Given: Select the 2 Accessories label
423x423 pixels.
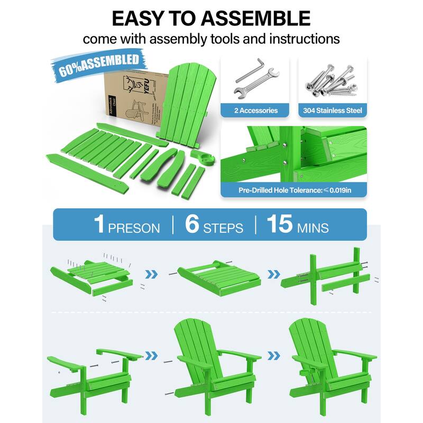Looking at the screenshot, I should pyautogui.click(x=256, y=110).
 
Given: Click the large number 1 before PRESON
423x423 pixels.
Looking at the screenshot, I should pyautogui.click(x=99, y=224).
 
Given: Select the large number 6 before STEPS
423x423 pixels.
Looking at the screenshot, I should pyautogui.click(x=192, y=224).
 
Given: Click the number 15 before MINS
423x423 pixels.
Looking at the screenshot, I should pyautogui.click(x=279, y=224).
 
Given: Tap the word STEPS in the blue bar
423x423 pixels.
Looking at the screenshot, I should pyautogui.click(x=223, y=228).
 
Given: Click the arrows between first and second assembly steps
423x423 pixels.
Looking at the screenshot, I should pyautogui.click(x=152, y=274).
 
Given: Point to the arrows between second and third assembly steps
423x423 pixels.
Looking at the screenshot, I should pyautogui.click(x=273, y=274).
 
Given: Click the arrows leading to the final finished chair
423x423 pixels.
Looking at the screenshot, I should pyautogui.click(x=273, y=355).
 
